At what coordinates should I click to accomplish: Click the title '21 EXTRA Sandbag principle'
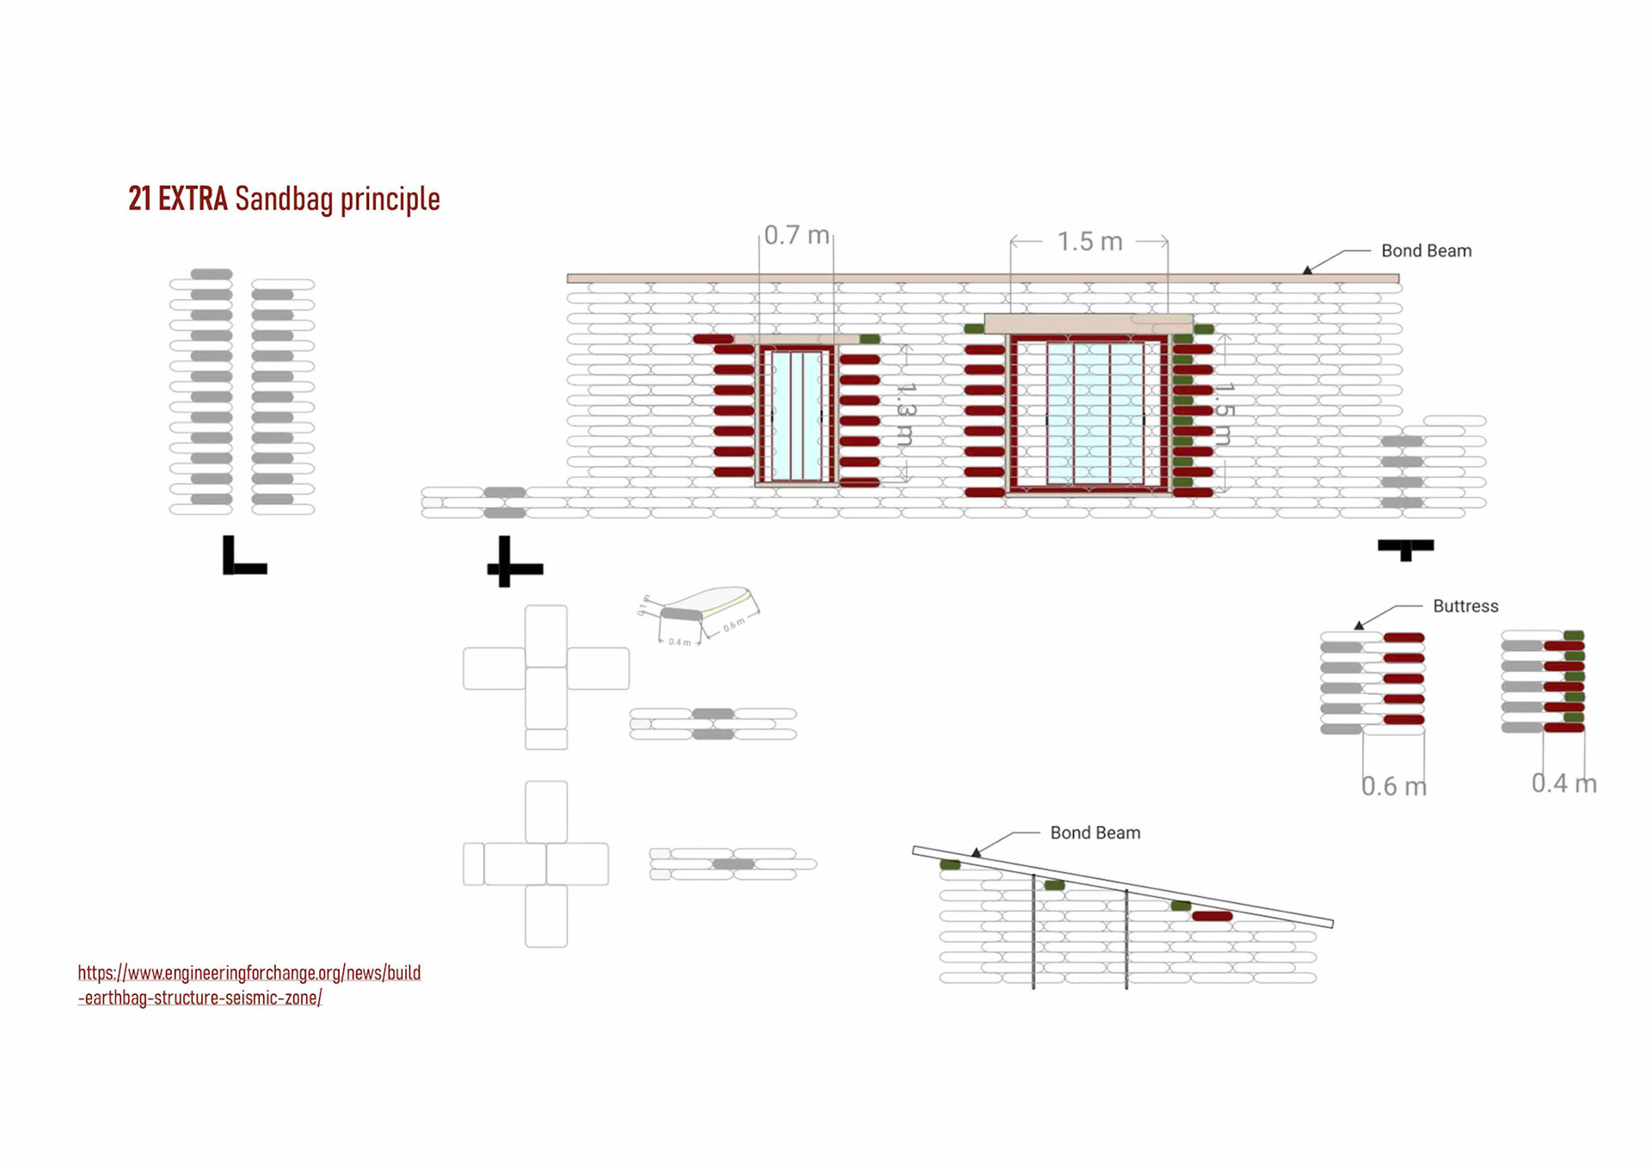(x=284, y=199)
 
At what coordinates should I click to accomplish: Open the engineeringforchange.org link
(x=249, y=985)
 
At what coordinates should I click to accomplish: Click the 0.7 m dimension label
(x=796, y=235)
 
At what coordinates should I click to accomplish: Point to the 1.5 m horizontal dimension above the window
(x=1089, y=242)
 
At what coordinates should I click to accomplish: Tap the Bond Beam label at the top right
(x=1426, y=251)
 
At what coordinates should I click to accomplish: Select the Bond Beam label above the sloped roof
(x=1095, y=833)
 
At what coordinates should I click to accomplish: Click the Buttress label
(x=1464, y=606)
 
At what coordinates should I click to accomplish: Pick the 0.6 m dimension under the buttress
(x=1393, y=786)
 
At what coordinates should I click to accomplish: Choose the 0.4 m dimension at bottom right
(x=1563, y=784)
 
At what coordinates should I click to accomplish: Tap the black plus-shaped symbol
(x=514, y=563)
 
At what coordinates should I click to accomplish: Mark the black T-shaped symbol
(x=1405, y=548)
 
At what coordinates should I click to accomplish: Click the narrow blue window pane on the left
(x=796, y=415)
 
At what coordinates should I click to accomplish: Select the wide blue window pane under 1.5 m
(x=1094, y=413)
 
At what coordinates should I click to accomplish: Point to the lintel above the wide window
(x=1088, y=323)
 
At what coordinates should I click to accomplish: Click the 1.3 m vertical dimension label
(x=905, y=413)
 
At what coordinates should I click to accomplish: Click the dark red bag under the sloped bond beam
(x=1212, y=916)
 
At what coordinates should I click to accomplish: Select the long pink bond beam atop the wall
(x=982, y=278)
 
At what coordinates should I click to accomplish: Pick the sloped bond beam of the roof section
(x=1122, y=887)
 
